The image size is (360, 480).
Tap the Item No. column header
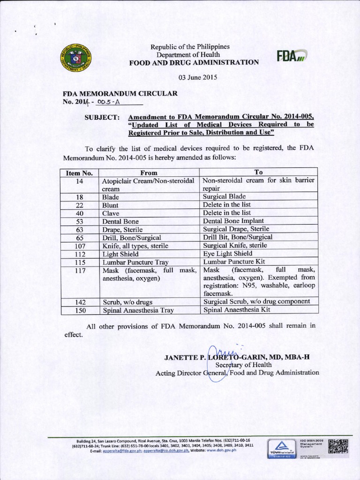pos(78,173)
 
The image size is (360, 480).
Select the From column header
pos(149,173)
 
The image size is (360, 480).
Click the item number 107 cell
pos(78,246)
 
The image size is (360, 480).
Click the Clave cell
pos(111,213)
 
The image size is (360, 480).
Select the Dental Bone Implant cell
pos(233,221)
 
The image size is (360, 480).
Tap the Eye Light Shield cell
pos(227,254)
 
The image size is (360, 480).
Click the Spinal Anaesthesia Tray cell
pos(135,310)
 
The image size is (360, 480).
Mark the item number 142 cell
pos(78,301)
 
